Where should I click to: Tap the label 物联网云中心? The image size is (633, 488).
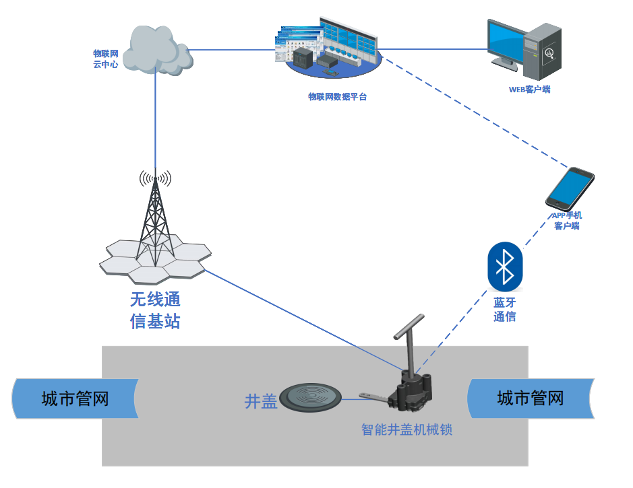[106, 59]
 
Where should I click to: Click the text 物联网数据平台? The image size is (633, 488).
[337, 97]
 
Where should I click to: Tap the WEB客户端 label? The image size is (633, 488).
[529, 89]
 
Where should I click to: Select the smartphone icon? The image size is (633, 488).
[570, 188]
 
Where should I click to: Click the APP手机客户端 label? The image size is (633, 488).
[567, 221]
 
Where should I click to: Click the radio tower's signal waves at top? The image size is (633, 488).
[155, 179]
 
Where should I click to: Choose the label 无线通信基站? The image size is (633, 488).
[155, 310]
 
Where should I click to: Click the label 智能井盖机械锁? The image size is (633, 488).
[406, 429]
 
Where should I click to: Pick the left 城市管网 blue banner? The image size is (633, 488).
[75, 398]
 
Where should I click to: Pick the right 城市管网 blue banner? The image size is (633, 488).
[531, 398]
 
